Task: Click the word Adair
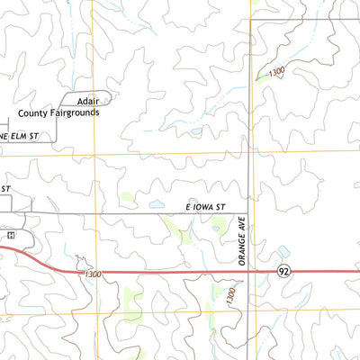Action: [87, 103]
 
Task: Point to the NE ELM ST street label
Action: [22, 135]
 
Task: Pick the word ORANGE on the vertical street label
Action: [242, 252]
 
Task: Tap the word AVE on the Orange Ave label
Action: [242, 224]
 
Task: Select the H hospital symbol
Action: [11, 236]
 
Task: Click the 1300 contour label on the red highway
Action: [90, 274]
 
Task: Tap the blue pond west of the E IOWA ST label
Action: [155, 204]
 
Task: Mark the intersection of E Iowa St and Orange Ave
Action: [250, 213]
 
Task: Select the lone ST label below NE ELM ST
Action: [4, 188]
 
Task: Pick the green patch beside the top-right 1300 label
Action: [261, 77]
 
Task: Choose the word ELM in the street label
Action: [22, 135]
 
